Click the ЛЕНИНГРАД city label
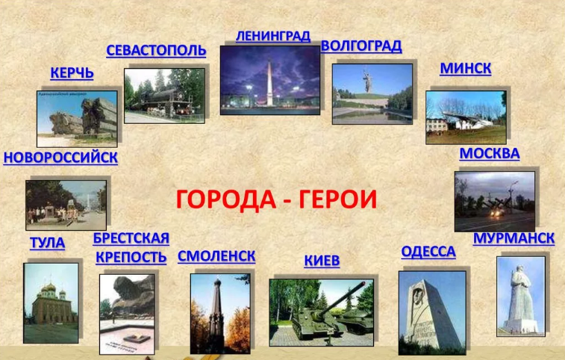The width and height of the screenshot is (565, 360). [x=272, y=36]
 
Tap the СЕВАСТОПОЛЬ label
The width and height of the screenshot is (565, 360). [x=156, y=51]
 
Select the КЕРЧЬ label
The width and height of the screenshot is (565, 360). [x=72, y=73]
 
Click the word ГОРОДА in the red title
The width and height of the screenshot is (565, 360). [x=226, y=199]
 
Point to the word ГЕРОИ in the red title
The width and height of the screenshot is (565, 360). [x=337, y=199]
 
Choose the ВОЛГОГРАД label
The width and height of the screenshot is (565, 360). [x=361, y=46]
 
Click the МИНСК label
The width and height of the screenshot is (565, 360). [x=466, y=69]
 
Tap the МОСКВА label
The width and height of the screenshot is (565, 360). [x=490, y=154]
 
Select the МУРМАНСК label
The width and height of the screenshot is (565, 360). [x=514, y=238]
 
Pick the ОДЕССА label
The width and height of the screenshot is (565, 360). [x=428, y=252]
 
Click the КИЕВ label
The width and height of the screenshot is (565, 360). [x=322, y=261]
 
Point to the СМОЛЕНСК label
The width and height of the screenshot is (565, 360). [x=216, y=256]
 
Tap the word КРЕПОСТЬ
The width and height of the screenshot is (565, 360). [x=131, y=257]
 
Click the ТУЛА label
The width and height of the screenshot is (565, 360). [x=48, y=243]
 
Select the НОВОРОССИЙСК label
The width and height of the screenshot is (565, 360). [x=60, y=158]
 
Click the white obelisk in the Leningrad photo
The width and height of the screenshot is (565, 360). [x=269, y=84]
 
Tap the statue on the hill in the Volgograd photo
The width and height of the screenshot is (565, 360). [x=367, y=81]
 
